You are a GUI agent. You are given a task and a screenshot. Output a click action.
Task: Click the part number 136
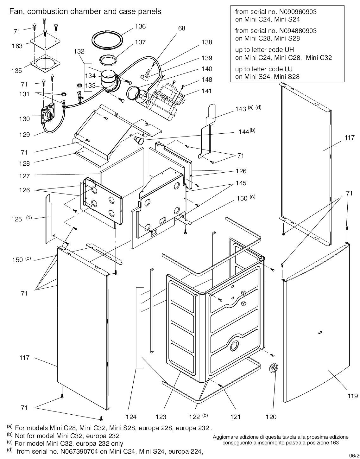(140, 26)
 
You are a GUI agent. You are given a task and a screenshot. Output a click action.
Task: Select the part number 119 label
(352, 396)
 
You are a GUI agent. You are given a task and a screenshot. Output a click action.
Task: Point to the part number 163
(17, 46)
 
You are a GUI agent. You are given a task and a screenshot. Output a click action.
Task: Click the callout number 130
(24, 119)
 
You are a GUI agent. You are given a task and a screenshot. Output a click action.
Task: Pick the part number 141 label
(206, 91)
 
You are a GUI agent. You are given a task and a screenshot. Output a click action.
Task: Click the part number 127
(24, 176)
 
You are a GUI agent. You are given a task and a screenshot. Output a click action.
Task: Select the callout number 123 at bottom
(161, 417)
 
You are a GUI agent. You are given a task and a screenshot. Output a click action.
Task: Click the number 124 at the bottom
(131, 417)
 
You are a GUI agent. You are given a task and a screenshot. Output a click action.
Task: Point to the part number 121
(235, 417)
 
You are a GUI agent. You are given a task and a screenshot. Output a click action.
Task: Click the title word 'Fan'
(16, 11)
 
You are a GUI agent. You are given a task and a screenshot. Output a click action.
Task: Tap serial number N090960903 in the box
(298, 12)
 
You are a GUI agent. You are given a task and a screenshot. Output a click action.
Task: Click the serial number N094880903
(298, 31)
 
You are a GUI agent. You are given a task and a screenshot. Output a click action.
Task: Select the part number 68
(181, 28)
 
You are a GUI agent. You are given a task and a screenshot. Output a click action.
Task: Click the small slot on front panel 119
(319, 332)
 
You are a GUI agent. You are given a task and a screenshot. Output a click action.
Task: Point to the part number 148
(206, 80)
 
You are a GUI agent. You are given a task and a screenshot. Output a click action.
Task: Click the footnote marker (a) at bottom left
(9, 427)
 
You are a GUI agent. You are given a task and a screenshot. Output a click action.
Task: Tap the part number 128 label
(24, 163)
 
